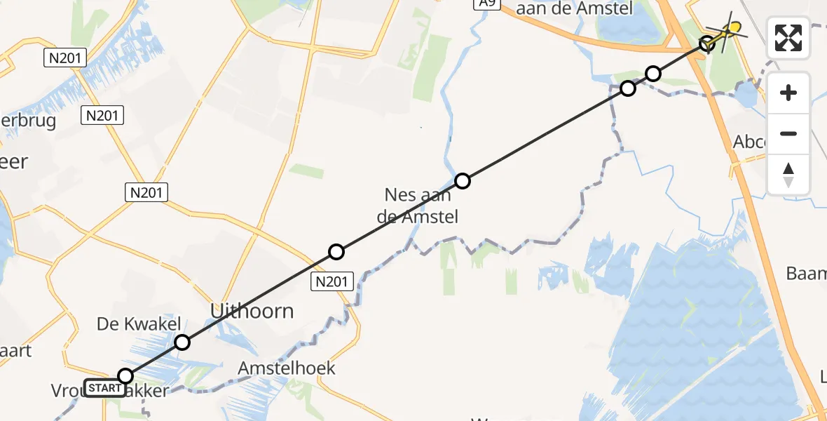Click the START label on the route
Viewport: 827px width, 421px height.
pos(105,388)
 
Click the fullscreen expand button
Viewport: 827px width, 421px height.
pos(788,38)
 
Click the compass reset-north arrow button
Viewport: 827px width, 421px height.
pos(788,175)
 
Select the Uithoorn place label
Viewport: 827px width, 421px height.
pos(253,311)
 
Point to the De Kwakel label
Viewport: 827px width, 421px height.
pos(139,324)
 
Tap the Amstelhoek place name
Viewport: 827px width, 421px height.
pos(287,368)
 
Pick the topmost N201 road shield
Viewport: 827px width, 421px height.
pos(65,58)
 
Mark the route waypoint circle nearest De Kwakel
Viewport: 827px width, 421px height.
pos(182,342)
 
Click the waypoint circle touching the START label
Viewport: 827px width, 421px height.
pos(125,376)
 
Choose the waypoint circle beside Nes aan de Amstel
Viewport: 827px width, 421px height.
pos(463,181)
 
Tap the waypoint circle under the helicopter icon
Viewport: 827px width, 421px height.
pos(708,44)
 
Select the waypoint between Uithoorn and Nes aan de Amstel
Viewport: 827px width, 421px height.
pos(336,252)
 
